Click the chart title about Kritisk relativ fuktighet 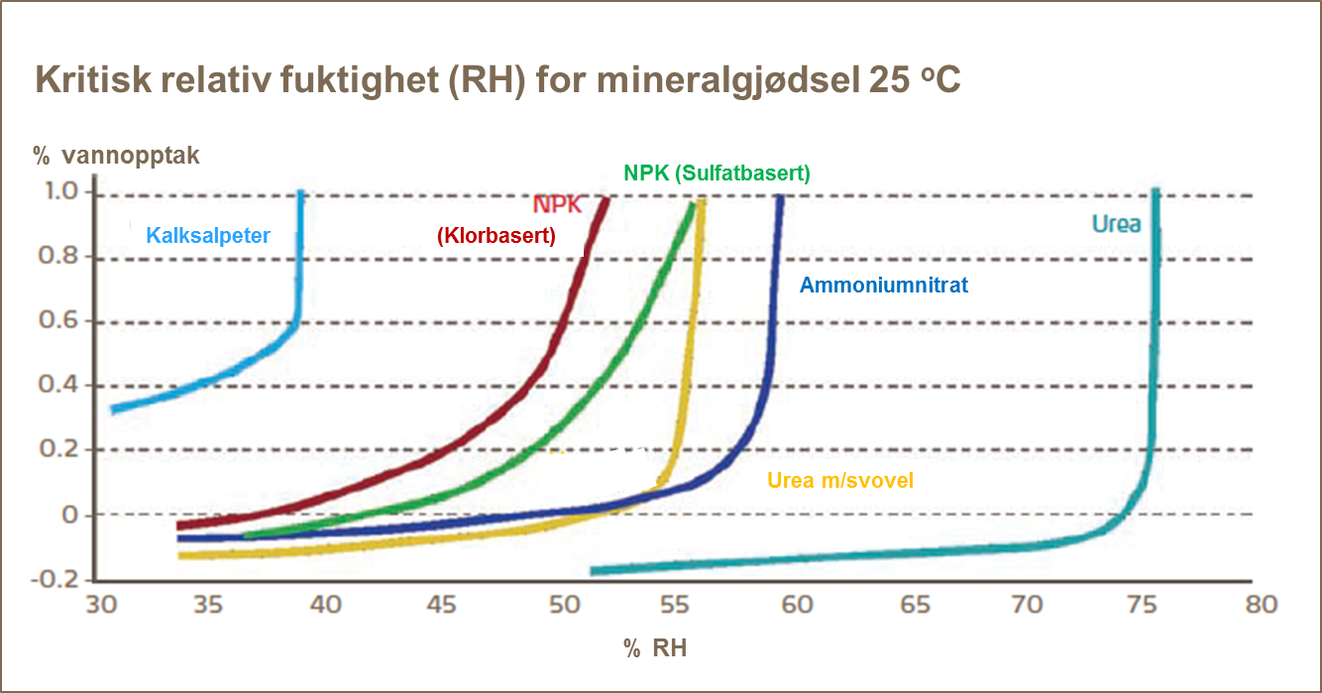[x=497, y=80]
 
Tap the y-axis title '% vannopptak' [x=116, y=156]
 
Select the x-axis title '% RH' [x=654, y=649]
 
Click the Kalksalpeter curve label [x=208, y=236]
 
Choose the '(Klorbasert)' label [x=496, y=236]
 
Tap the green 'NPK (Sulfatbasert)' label [x=716, y=173]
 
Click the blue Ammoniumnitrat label [x=883, y=286]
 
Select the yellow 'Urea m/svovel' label [x=840, y=481]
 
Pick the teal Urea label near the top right [x=1116, y=224]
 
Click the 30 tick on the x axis [x=97, y=606]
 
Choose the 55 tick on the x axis [x=680, y=606]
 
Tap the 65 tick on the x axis [x=913, y=606]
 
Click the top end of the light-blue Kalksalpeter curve [x=300, y=193]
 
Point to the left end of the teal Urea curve [x=593, y=571]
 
